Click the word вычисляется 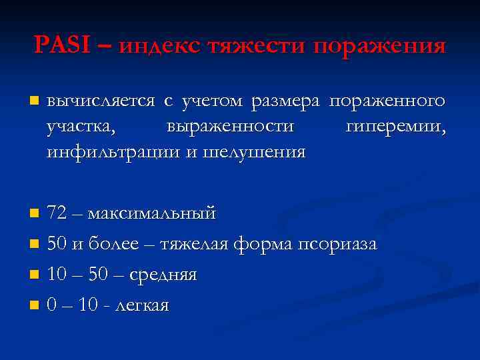click(x=101, y=102)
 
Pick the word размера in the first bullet click(x=287, y=102)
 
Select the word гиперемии click(x=395, y=127)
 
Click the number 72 click(x=57, y=214)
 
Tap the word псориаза click(x=337, y=245)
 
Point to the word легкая click(x=142, y=305)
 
